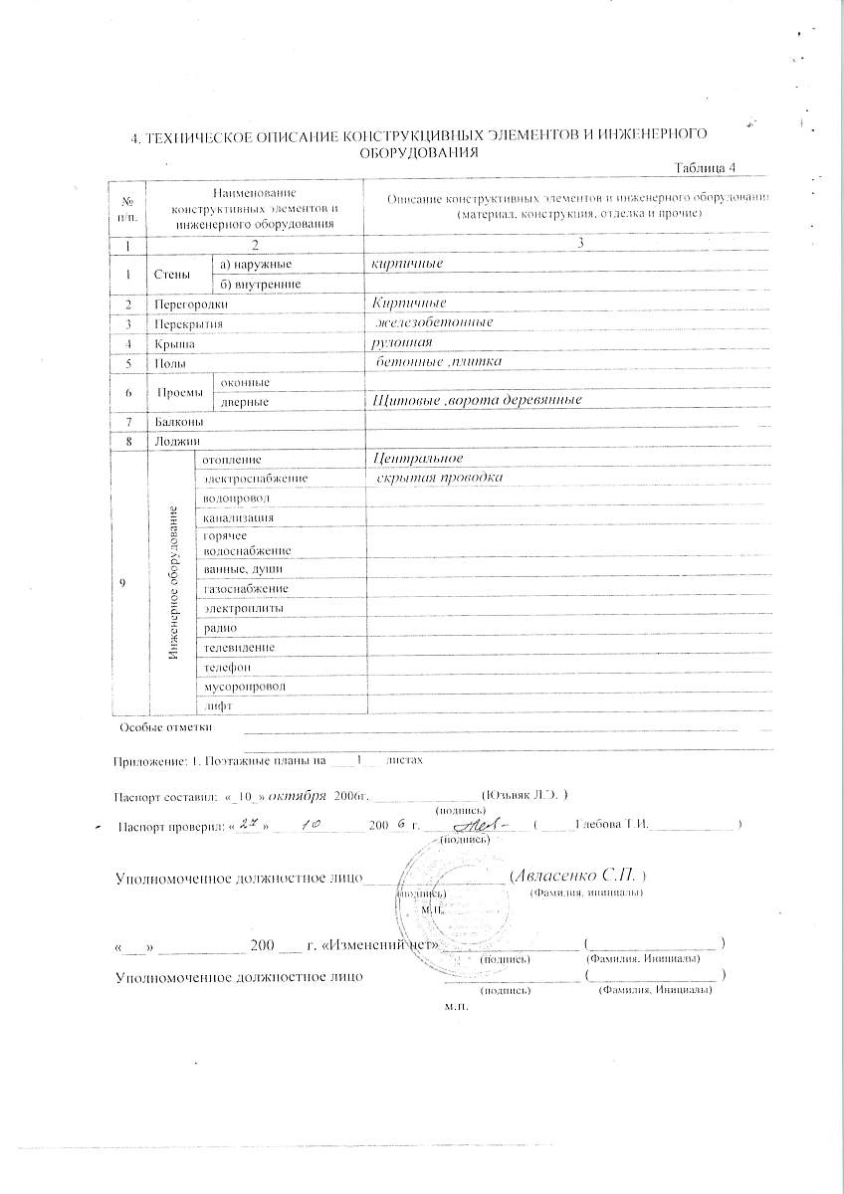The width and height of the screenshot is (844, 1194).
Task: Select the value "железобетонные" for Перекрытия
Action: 434,322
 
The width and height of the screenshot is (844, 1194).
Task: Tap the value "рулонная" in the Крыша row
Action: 396,342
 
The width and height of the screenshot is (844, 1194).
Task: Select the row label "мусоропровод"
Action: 244,687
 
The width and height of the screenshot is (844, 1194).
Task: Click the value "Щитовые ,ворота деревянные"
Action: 476,400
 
